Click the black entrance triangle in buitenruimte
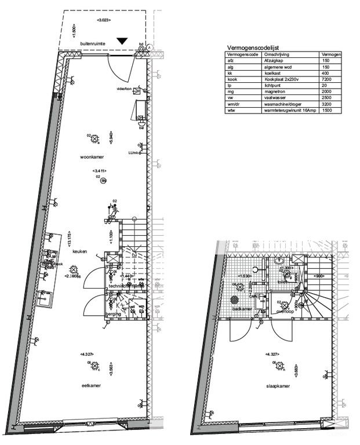pyautogui.click(x=122, y=41)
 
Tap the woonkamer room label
pyautogui.click(x=91, y=157)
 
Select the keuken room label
pyautogui.click(x=79, y=251)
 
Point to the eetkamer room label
pyautogui.click(x=92, y=385)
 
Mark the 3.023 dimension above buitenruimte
pyautogui.click(x=103, y=20)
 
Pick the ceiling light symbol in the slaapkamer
pyautogui.click(x=280, y=366)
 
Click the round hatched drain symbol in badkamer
pyautogui.click(x=235, y=300)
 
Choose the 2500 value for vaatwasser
pyautogui.click(x=326, y=99)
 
